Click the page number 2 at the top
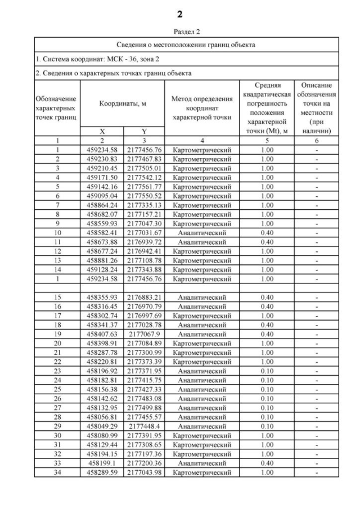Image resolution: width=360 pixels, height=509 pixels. coord(179,13)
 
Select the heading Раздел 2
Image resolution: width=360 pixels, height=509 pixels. coord(179,32)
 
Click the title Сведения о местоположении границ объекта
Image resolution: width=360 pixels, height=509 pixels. coord(186,44)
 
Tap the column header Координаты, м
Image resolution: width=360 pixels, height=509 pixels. coord(123,103)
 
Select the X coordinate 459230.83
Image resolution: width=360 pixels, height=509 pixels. coord(102,159)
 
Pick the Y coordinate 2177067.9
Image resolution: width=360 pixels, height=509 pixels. coord(144,334)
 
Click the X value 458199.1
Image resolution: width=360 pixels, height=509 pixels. coord(102,463)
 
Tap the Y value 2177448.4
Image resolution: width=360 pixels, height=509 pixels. coord(144,427)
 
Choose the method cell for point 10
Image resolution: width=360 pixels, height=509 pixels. coord(201,233)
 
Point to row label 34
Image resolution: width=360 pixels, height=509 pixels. coord(57,473)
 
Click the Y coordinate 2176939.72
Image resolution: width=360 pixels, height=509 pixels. coord(144,242)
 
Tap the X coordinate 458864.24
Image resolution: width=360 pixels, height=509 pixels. coord(102,205)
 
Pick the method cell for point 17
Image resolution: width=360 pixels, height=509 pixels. coord(201,316)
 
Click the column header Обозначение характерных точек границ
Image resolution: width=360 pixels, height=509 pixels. coord(57,108)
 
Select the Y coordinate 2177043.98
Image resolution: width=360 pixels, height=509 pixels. coord(144,473)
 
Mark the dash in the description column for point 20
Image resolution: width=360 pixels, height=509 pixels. coord(318,344)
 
